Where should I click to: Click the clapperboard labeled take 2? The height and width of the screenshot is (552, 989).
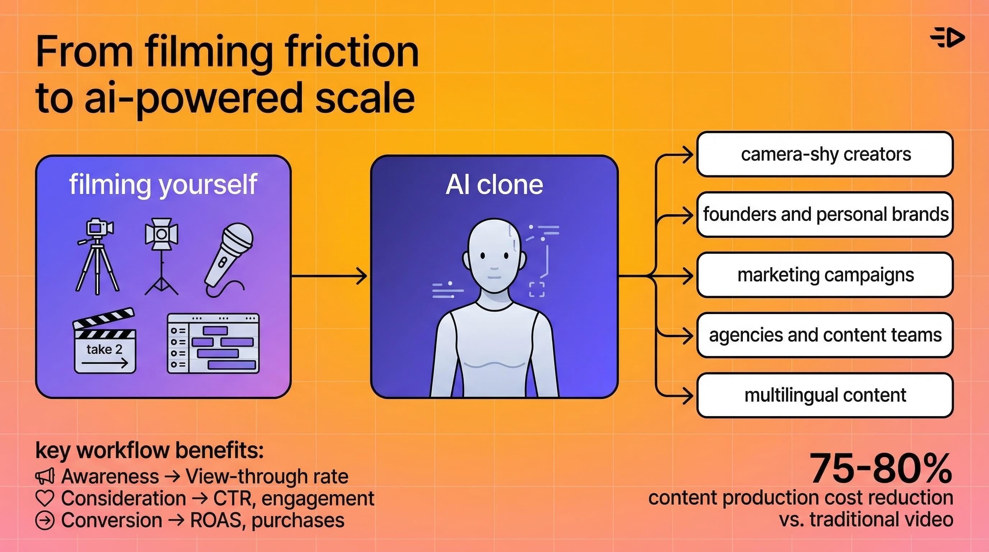coord(105,342)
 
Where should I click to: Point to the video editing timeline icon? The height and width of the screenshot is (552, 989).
coord(213,343)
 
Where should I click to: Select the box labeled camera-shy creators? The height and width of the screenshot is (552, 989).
coord(825,154)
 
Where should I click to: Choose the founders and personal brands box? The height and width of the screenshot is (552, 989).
coord(825,215)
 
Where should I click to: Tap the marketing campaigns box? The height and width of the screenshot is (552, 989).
coord(825,275)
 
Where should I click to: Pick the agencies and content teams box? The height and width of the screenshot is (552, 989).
coord(825,335)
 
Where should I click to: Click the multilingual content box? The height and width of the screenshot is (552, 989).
coord(825,395)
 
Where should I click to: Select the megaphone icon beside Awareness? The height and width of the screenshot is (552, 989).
coord(45,477)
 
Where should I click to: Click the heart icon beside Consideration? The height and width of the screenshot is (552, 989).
coord(45,498)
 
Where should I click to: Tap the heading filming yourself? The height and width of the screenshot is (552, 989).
coord(163,185)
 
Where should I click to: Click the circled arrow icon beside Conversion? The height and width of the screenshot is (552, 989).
coord(45,521)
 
